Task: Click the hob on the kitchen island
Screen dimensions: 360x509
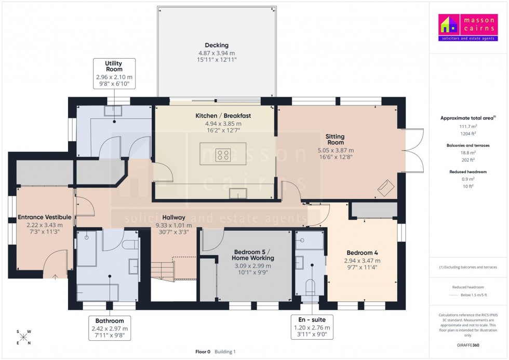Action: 223,154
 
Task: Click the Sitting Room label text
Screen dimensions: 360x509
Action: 335,140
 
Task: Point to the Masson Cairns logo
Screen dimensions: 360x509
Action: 467,28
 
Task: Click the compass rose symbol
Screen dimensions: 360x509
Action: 24,337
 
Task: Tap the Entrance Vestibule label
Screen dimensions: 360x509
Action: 44,217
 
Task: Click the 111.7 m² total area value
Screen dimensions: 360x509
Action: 468,127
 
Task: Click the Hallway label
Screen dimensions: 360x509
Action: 173,218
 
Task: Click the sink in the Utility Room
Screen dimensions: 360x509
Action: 113,111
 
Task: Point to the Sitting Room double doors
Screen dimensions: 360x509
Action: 409,151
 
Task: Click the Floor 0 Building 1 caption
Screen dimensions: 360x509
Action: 216,352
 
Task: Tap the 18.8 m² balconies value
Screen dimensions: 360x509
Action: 468,153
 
